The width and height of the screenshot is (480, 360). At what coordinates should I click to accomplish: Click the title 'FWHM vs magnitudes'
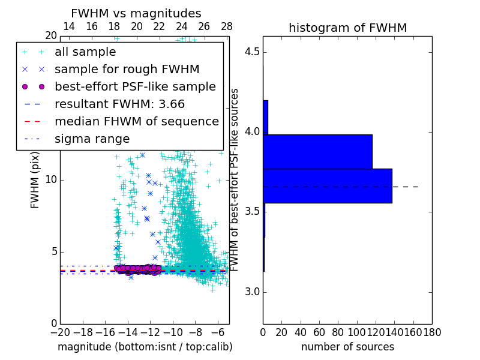[136, 13]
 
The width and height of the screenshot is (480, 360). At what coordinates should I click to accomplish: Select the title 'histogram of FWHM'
[347, 28]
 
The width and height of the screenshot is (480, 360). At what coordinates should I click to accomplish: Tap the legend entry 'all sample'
[85, 52]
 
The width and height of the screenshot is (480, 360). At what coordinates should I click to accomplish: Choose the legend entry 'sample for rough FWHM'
[127, 70]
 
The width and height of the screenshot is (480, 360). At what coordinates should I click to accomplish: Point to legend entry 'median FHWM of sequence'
[136, 122]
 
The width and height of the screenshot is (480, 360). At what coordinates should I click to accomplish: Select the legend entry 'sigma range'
[92, 139]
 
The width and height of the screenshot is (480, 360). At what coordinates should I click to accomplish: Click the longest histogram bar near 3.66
[327, 186]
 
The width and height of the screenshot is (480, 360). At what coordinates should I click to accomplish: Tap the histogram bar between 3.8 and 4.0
[317, 151]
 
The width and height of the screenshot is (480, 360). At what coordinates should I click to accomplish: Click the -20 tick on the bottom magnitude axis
[60, 331]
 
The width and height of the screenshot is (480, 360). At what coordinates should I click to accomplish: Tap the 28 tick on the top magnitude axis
[227, 26]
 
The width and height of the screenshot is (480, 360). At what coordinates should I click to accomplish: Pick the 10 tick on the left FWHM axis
[50, 179]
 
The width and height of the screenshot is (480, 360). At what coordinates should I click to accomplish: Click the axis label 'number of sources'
[347, 347]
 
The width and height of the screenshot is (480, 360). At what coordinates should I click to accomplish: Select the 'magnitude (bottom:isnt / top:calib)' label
[145, 347]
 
